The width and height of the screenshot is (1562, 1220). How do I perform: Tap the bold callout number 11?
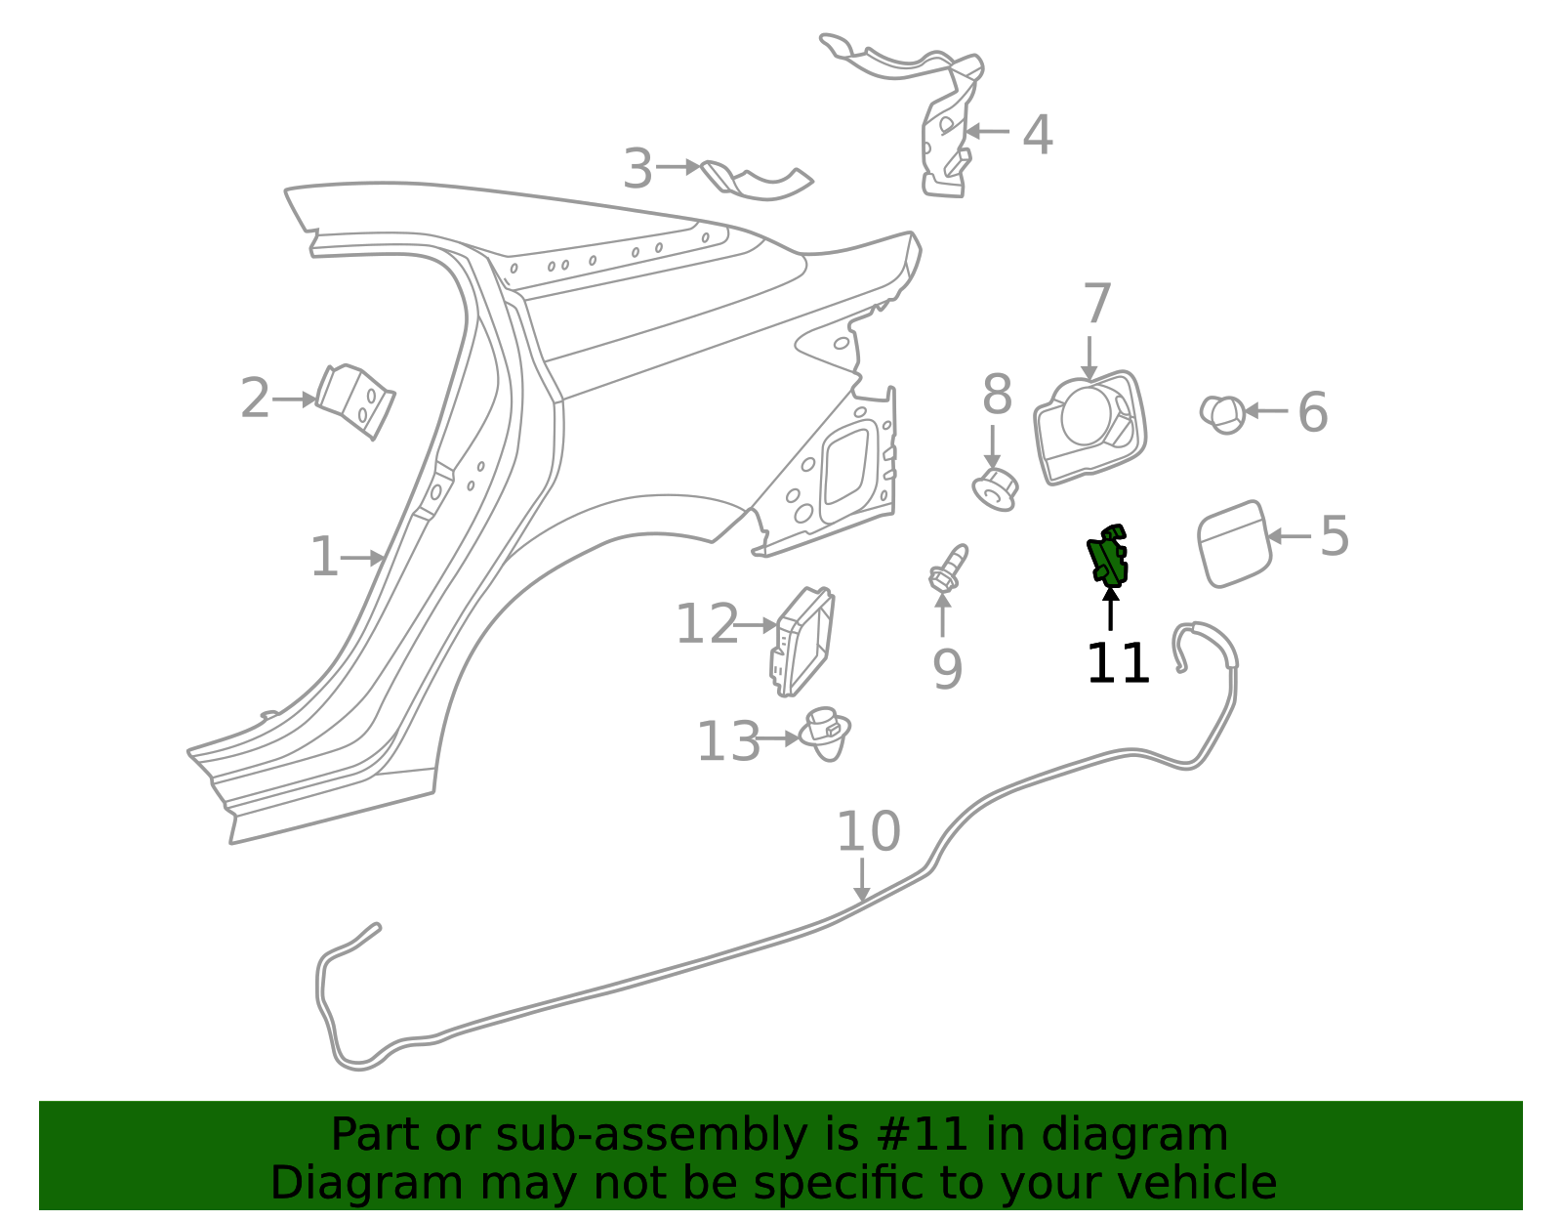(x=1118, y=664)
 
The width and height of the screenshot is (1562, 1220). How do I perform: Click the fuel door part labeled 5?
(x=1234, y=544)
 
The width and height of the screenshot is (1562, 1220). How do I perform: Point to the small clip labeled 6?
(x=1222, y=414)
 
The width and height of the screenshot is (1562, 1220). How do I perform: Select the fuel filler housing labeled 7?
(x=1089, y=427)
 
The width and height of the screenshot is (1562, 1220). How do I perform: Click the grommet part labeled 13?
(x=825, y=735)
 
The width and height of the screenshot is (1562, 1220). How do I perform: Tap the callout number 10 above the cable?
(x=868, y=832)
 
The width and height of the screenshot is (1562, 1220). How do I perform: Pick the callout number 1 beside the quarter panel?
(x=323, y=558)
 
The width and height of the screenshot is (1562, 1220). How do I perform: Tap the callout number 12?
(x=706, y=624)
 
